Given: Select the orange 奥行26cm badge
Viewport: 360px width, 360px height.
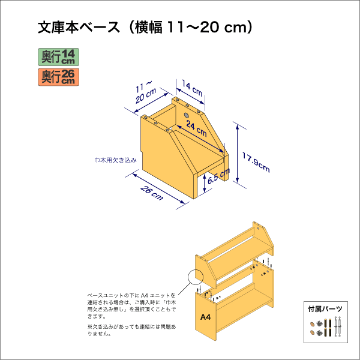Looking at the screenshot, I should click(x=58, y=76).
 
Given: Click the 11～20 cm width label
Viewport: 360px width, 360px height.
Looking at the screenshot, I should click(x=144, y=91).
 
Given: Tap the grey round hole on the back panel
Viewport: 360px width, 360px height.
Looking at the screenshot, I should click(x=186, y=114).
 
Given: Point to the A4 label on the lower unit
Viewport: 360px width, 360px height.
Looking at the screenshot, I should click(x=205, y=316).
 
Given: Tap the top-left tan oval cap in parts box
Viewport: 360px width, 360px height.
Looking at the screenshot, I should click(x=313, y=324).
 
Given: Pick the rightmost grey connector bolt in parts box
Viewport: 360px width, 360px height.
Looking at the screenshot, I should click(x=339, y=327).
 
